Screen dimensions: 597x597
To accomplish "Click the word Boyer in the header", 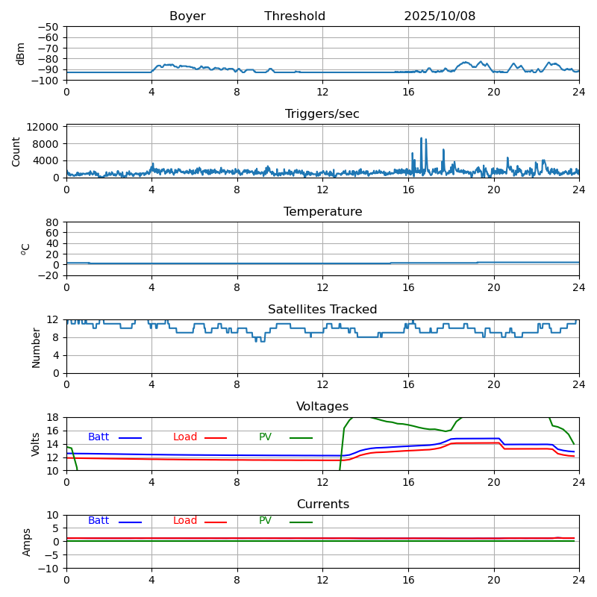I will click(187, 16).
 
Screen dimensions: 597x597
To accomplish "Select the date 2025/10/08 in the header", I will click(440, 16).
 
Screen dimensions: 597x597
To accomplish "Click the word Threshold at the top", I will click(295, 16).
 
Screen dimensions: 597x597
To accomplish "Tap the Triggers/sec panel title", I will click(322, 114).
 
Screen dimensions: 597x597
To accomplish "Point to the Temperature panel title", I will click(322, 212).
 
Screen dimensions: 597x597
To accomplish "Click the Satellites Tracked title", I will click(322, 310).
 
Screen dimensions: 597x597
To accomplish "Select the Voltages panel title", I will click(322, 407).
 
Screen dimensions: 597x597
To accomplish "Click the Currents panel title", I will click(322, 504).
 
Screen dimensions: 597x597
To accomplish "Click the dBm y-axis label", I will click(21, 53).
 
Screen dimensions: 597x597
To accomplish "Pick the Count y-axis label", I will click(16, 151).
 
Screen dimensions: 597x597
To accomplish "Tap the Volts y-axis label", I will click(36, 444).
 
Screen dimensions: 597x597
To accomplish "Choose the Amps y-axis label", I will click(27, 542).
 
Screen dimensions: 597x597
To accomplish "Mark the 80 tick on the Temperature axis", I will click(53, 222).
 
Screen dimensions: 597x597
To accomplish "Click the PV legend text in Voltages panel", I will click(266, 437).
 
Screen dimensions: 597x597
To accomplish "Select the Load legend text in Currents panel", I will click(185, 521).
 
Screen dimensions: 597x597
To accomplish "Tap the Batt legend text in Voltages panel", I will click(99, 437).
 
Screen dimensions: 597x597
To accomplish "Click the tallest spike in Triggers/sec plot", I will click(421, 139).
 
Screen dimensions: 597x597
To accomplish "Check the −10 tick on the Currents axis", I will click(49, 569).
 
